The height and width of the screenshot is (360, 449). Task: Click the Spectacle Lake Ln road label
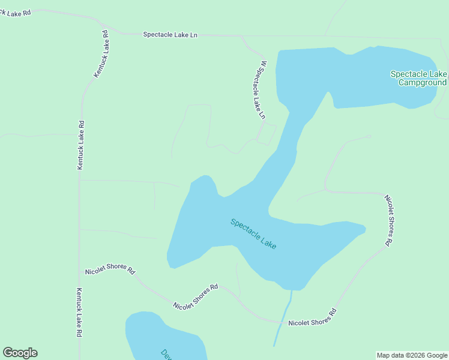(x=170, y=35)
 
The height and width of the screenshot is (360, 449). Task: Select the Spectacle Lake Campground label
(x=419, y=78)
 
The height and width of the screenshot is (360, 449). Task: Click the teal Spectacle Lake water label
(x=253, y=234)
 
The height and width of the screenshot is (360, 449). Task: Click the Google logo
(x=20, y=353)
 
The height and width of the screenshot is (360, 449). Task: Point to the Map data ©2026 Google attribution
(x=412, y=355)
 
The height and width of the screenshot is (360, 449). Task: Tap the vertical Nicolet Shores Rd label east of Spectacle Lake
(x=389, y=220)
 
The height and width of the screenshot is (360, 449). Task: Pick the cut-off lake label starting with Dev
(x=166, y=354)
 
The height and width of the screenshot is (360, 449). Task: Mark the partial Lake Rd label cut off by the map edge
(x=14, y=12)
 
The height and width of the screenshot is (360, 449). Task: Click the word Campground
(x=423, y=83)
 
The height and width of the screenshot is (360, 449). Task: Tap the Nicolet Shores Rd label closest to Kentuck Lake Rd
(x=110, y=268)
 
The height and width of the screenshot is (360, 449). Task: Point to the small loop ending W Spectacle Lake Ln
(x=267, y=134)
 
